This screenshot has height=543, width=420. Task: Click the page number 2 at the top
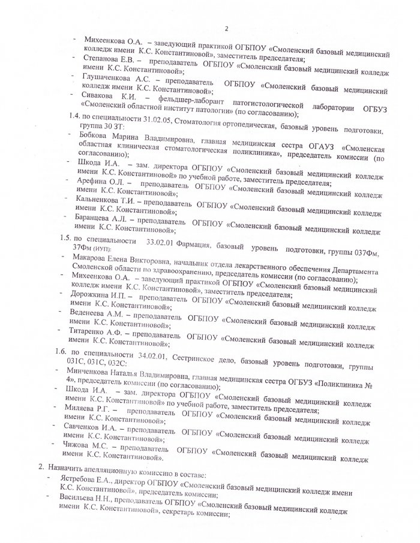click(x=227, y=28)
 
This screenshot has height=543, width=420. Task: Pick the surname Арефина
click(x=94, y=182)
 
